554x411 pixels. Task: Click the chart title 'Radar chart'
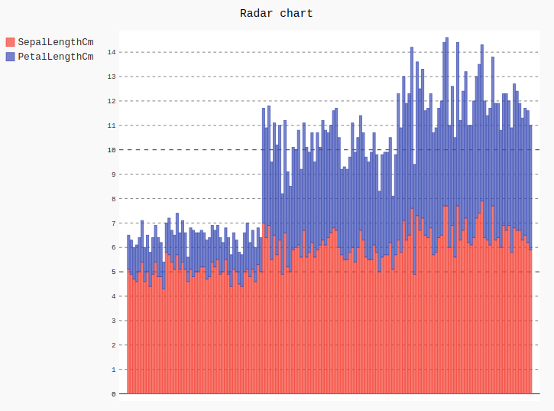click(x=276, y=13)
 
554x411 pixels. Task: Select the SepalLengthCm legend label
click(x=55, y=42)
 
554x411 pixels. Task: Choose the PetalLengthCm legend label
click(x=55, y=57)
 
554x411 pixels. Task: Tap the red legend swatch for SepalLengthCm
click(x=10, y=42)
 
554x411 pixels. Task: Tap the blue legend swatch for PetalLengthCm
click(x=10, y=57)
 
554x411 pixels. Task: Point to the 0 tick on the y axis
click(x=113, y=394)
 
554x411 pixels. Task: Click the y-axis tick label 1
click(x=113, y=370)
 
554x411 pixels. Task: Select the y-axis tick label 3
click(x=113, y=321)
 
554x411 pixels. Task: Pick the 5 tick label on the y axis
click(x=113, y=272)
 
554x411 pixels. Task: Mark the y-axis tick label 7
click(x=113, y=223)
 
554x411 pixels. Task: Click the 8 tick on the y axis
click(x=113, y=198)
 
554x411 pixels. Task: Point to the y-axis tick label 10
click(x=112, y=150)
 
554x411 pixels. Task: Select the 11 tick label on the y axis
click(x=112, y=126)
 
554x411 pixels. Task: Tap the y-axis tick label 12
click(x=112, y=101)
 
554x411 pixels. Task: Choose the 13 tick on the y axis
click(x=112, y=77)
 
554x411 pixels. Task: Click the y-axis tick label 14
click(x=112, y=52)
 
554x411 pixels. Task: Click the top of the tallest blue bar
click(x=447, y=38)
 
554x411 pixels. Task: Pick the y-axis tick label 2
click(x=113, y=345)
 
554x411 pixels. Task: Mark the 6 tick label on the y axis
click(x=113, y=247)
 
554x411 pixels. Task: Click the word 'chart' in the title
click(x=296, y=13)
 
